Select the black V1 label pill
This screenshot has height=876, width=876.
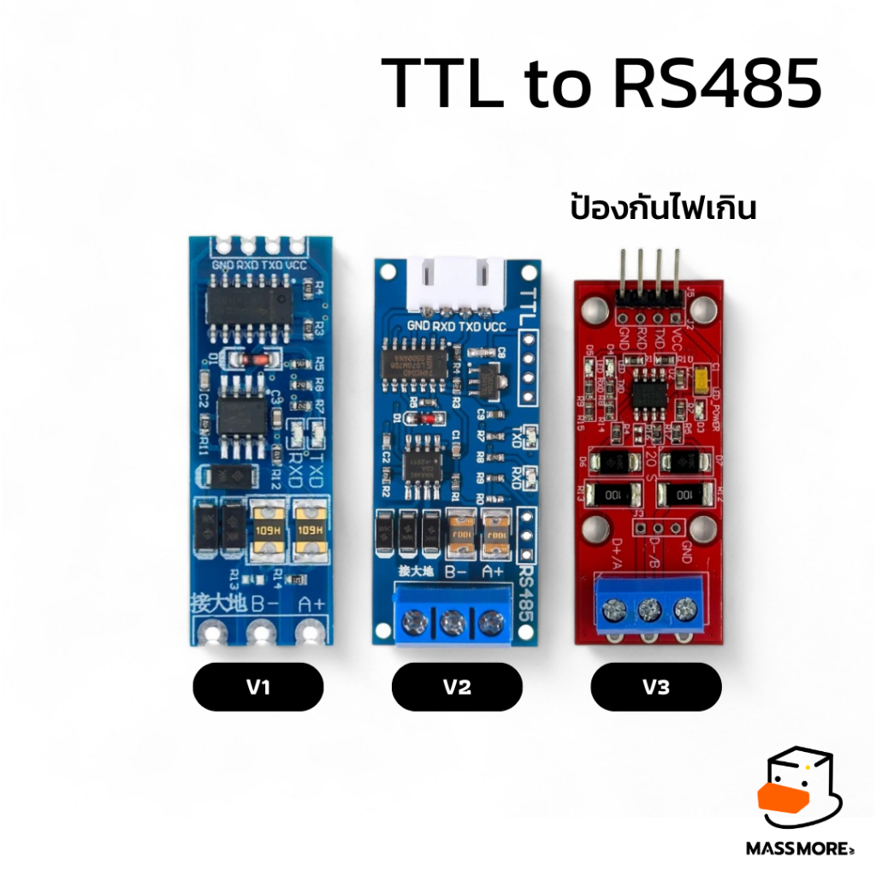257,686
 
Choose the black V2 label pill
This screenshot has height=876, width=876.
457,686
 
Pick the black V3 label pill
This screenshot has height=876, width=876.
655,686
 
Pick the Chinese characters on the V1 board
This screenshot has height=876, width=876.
217,604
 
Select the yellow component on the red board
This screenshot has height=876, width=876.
702,379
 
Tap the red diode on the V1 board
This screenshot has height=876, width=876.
238,361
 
